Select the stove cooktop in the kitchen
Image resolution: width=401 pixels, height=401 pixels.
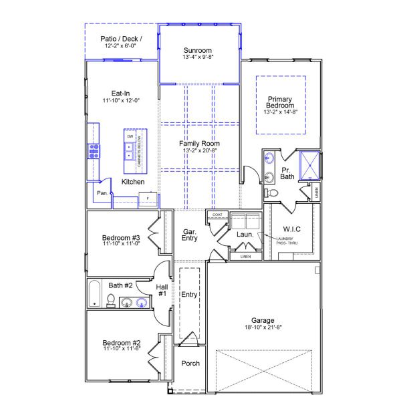tap(93, 152)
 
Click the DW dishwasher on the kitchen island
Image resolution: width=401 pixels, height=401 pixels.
tap(130, 137)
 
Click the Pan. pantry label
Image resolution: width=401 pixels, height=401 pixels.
tap(102, 193)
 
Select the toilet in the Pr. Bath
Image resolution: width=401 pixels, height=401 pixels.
tap(271, 193)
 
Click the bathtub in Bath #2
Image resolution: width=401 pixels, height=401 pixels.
tap(94, 294)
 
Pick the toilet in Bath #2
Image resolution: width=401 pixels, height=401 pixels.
tap(111, 301)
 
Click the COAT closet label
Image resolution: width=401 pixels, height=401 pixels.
tap(217, 215)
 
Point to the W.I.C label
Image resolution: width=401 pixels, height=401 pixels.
tap(292, 229)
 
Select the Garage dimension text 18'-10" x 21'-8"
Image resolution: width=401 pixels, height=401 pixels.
tap(263, 328)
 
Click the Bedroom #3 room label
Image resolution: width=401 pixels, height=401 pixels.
tap(120, 238)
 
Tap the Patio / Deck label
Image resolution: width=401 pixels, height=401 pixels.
tap(121, 39)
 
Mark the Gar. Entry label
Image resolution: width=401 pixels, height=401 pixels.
tap(190, 235)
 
